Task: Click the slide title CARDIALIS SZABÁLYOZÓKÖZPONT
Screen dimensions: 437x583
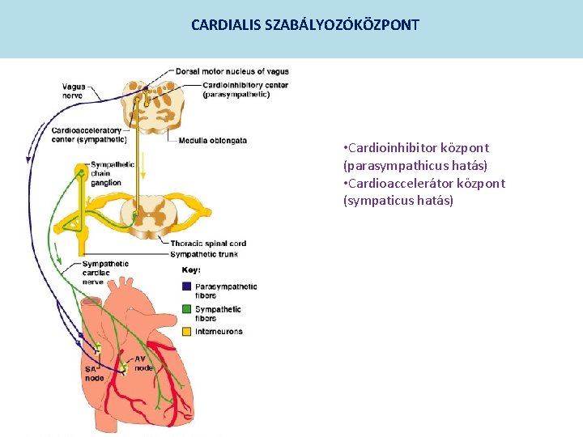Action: coord(305,25)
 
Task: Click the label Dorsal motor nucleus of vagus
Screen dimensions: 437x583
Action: coord(232,71)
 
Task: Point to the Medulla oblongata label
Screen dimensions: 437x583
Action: coord(212,140)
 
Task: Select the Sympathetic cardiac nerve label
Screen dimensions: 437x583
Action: coord(104,272)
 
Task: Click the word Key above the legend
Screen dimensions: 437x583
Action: coord(191,270)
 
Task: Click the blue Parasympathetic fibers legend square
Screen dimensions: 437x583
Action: coord(187,286)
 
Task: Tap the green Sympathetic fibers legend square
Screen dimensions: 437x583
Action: coord(187,309)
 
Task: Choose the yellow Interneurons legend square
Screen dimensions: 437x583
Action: coord(187,331)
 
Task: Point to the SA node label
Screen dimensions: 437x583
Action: coord(94,374)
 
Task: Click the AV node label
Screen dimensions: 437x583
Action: coord(143,363)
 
